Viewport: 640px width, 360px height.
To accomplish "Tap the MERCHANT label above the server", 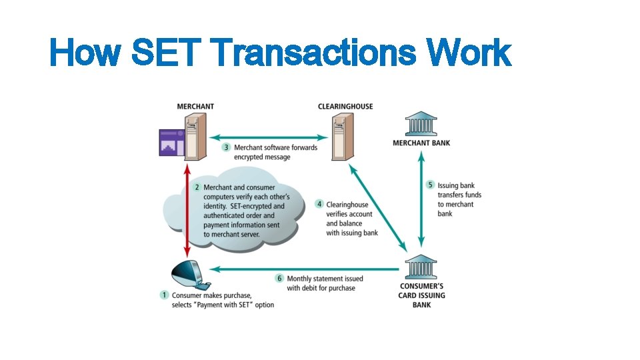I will pyautogui.click(x=195, y=107).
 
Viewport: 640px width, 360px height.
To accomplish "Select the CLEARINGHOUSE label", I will pyautogui.click(x=345, y=107).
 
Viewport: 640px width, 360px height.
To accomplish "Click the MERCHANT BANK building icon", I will pyautogui.click(x=421, y=125).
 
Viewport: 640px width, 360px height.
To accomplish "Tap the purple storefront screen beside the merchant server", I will pyautogui.click(x=171, y=142).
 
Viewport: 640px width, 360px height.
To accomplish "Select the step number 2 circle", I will pyautogui.click(x=197, y=187).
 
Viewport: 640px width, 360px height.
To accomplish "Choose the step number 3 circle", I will pyautogui.click(x=227, y=147).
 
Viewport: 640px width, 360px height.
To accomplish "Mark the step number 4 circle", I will pyautogui.click(x=319, y=204).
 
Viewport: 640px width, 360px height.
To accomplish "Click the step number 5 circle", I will pyautogui.click(x=431, y=185).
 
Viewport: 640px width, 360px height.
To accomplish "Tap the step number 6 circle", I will pyautogui.click(x=279, y=278).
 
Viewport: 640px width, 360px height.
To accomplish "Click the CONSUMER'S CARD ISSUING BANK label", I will pyautogui.click(x=422, y=295).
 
